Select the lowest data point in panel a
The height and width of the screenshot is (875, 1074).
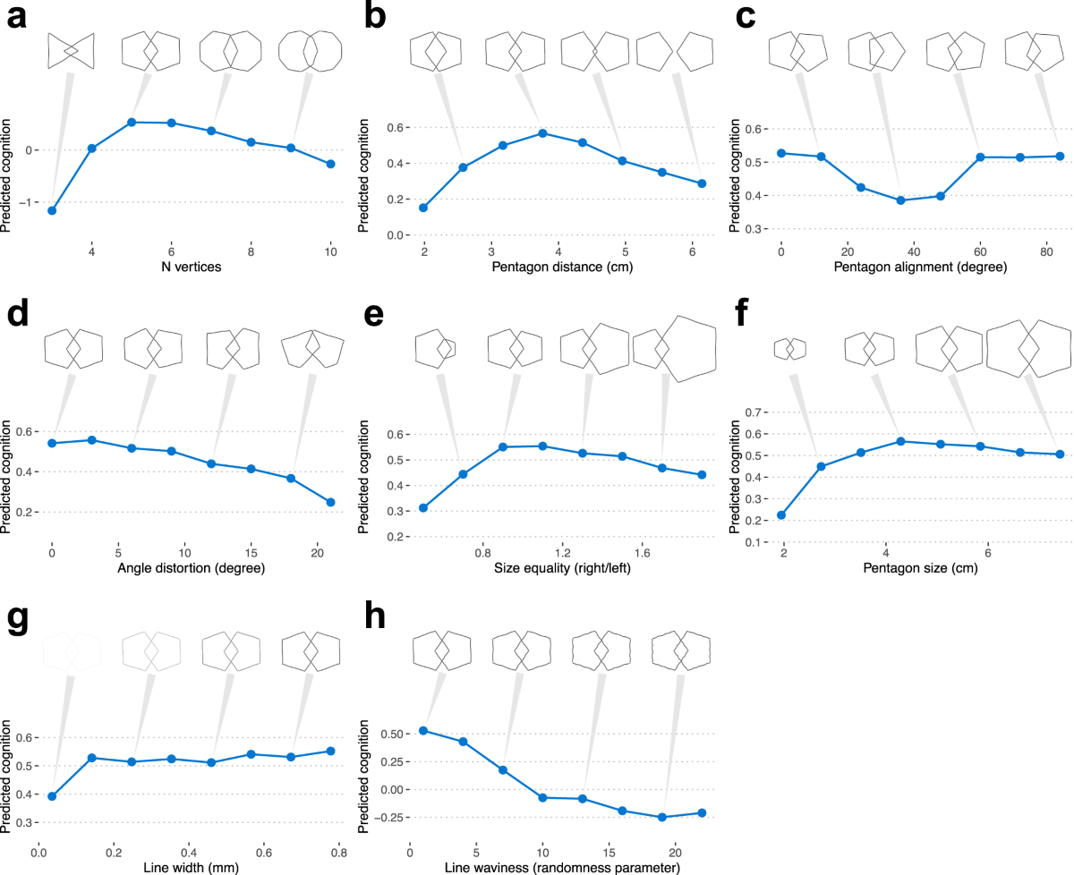tap(52, 210)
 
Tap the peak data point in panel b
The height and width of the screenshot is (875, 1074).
tap(542, 133)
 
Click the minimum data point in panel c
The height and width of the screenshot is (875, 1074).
tap(900, 200)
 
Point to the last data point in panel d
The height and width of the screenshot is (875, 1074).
tap(331, 502)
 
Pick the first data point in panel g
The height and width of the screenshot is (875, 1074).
tap(52, 796)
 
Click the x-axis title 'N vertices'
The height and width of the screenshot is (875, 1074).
tap(192, 267)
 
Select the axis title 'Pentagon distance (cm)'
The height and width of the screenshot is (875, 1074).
tap(562, 267)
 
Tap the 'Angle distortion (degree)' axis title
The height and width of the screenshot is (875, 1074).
tap(192, 568)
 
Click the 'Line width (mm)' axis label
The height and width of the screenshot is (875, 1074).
tap(192, 868)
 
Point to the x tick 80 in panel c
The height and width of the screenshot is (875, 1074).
tap(1046, 251)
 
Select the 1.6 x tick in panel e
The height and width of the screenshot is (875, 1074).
tap(642, 553)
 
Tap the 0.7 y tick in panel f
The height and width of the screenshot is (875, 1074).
tap(754, 412)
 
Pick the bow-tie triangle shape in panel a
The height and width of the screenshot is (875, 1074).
tap(71, 50)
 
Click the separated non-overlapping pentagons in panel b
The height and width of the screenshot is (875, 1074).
tap(675, 51)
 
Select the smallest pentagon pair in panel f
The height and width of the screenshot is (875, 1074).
tap(790, 349)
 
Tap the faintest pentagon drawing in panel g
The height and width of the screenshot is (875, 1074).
tap(72, 651)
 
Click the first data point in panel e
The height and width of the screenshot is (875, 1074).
tap(423, 507)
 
